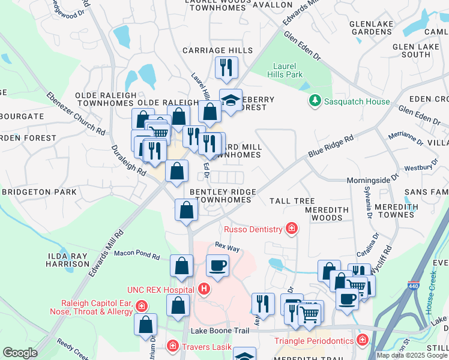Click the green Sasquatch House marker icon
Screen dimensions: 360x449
pos(315,101)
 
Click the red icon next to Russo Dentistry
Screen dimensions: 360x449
pos(292,229)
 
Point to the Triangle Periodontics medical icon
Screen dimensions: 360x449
pos(361,341)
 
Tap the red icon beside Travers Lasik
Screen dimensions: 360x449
pos(172,346)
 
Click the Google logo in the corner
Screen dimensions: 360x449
pos(20,353)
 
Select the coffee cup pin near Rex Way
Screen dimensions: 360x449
pos(217,265)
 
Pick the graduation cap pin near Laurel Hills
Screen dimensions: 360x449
pos(230,99)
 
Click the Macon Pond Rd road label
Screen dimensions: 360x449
pos(137,257)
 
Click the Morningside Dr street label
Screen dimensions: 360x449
pos(373,179)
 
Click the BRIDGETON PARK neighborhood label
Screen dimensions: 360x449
pos(39,192)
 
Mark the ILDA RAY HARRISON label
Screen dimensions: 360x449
pos(67,260)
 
